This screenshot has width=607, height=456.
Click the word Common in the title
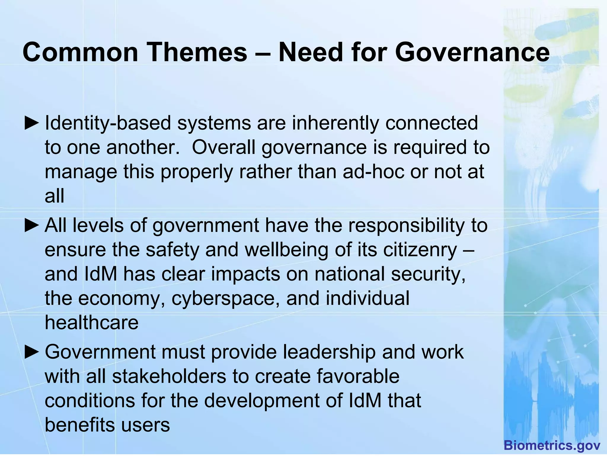point(80,52)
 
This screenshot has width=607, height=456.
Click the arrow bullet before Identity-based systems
point(31,123)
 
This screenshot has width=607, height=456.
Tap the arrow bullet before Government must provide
point(31,352)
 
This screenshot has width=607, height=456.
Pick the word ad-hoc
point(373,172)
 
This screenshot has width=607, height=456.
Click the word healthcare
point(92,322)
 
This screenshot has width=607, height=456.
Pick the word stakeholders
point(169,377)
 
